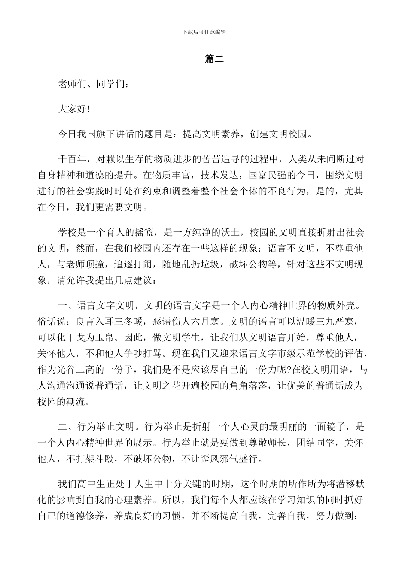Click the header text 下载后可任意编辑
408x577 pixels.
click(x=204, y=32)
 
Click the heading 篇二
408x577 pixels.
click(x=214, y=59)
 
